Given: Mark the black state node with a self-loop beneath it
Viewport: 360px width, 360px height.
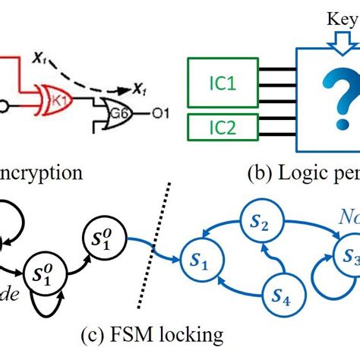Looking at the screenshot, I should (x=45, y=271).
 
